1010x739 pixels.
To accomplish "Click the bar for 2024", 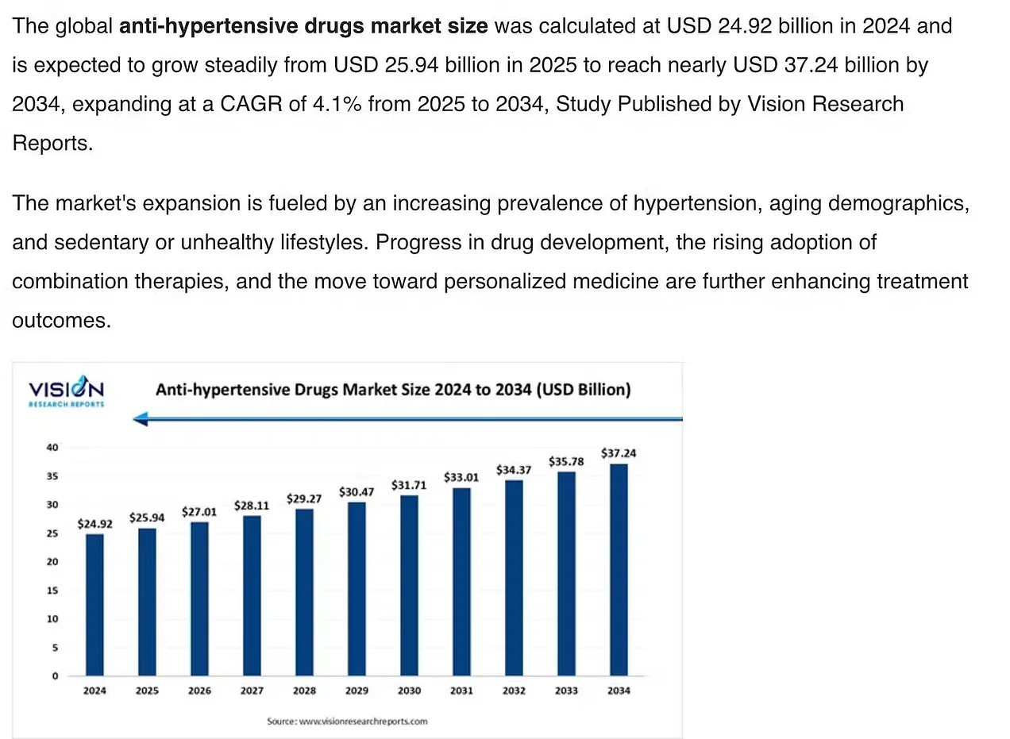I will coord(94,605).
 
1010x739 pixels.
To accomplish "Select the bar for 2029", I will coord(357,589).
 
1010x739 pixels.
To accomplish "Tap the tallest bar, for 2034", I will coord(619,570).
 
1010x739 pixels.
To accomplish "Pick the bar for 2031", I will coord(461,582).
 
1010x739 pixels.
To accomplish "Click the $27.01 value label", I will coord(199,512).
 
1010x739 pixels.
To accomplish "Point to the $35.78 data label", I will coord(566,461).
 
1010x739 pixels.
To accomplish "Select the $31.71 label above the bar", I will coord(409,484).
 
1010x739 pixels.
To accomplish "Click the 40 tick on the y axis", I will coord(52,448).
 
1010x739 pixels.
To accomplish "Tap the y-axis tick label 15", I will coord(52,591).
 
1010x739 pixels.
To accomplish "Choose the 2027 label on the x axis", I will coord(252,691).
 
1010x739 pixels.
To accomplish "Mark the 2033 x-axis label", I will coord(566,691).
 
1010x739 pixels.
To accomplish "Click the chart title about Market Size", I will coord(393,390).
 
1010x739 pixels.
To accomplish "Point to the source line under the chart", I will coord(347,722).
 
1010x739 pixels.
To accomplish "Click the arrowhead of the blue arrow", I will coord(141,419).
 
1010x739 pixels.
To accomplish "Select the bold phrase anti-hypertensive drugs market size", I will coord(303,26).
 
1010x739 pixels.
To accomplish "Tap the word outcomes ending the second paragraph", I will coord(60,320).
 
